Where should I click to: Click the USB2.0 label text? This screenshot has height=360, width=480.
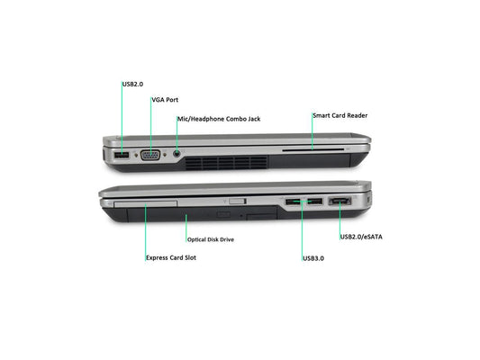132,84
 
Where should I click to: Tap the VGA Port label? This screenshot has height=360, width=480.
165,100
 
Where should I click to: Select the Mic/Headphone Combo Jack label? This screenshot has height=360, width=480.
219,119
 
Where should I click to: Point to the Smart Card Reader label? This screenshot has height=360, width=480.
340,115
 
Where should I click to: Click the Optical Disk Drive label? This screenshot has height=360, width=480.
211,239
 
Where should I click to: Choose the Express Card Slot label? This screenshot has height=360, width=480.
171,257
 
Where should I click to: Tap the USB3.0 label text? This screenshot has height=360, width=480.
313,258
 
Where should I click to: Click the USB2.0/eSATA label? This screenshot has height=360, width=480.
361,237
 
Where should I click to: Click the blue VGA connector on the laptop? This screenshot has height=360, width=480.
150,155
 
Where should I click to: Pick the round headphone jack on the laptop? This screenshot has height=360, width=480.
177,154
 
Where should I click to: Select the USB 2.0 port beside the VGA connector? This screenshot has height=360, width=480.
122,155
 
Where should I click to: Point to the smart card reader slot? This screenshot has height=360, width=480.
312,150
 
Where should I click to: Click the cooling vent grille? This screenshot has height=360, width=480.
226,163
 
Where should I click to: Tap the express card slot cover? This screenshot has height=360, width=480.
145,203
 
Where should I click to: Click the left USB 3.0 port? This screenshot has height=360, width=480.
293,202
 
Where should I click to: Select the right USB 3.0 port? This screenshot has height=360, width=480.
315,202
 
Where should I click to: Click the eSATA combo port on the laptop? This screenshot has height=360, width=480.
340,202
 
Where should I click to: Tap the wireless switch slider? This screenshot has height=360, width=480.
237,201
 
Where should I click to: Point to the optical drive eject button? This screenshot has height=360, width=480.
223,214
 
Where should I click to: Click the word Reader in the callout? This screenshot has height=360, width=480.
357,115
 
